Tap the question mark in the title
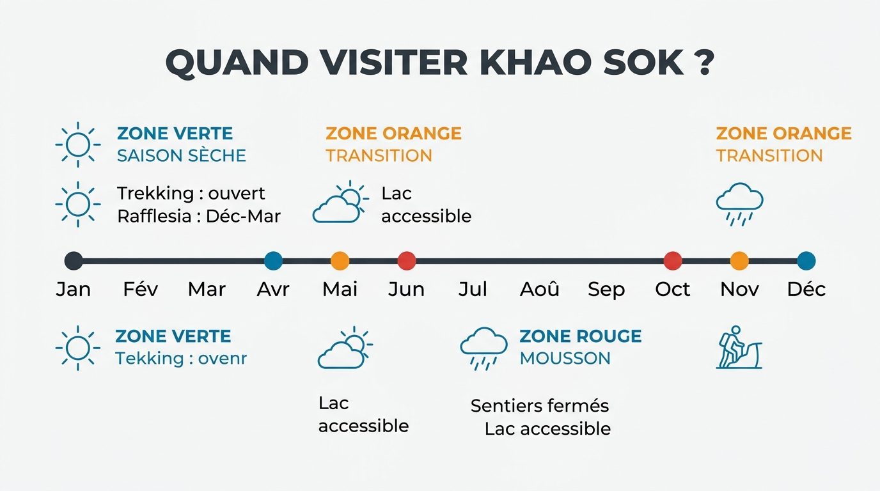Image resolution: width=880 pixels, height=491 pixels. [x=703, y=63]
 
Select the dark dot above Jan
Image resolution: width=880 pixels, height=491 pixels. [x=74, y=261]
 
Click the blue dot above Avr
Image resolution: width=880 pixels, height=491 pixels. [x=273, y=261]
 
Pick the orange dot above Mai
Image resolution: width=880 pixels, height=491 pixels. [x=340, y=261]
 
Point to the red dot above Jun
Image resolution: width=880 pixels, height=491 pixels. [x=407, y=261]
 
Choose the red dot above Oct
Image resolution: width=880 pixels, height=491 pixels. [x=673, y=261]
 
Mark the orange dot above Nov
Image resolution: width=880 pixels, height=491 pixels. [x=739, y=261]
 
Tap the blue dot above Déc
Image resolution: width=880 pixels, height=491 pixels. [x=806, y=261]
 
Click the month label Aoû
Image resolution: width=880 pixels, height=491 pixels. [x=540, y=290]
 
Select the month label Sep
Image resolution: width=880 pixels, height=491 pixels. [x=606, y=290]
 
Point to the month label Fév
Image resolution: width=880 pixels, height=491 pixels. [x=140, y=290]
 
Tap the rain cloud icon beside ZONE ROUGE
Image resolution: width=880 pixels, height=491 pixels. [x=483, y=348]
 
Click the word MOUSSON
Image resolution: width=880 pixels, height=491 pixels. [x=565, y=358]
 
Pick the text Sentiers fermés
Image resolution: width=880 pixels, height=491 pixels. [x=540, y=405]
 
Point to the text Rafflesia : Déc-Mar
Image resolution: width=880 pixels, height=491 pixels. [x=199, y=216]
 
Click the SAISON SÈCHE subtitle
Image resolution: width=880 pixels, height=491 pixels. [x=182, y=155]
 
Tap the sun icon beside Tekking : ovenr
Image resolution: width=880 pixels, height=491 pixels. [x=78, y=348]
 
